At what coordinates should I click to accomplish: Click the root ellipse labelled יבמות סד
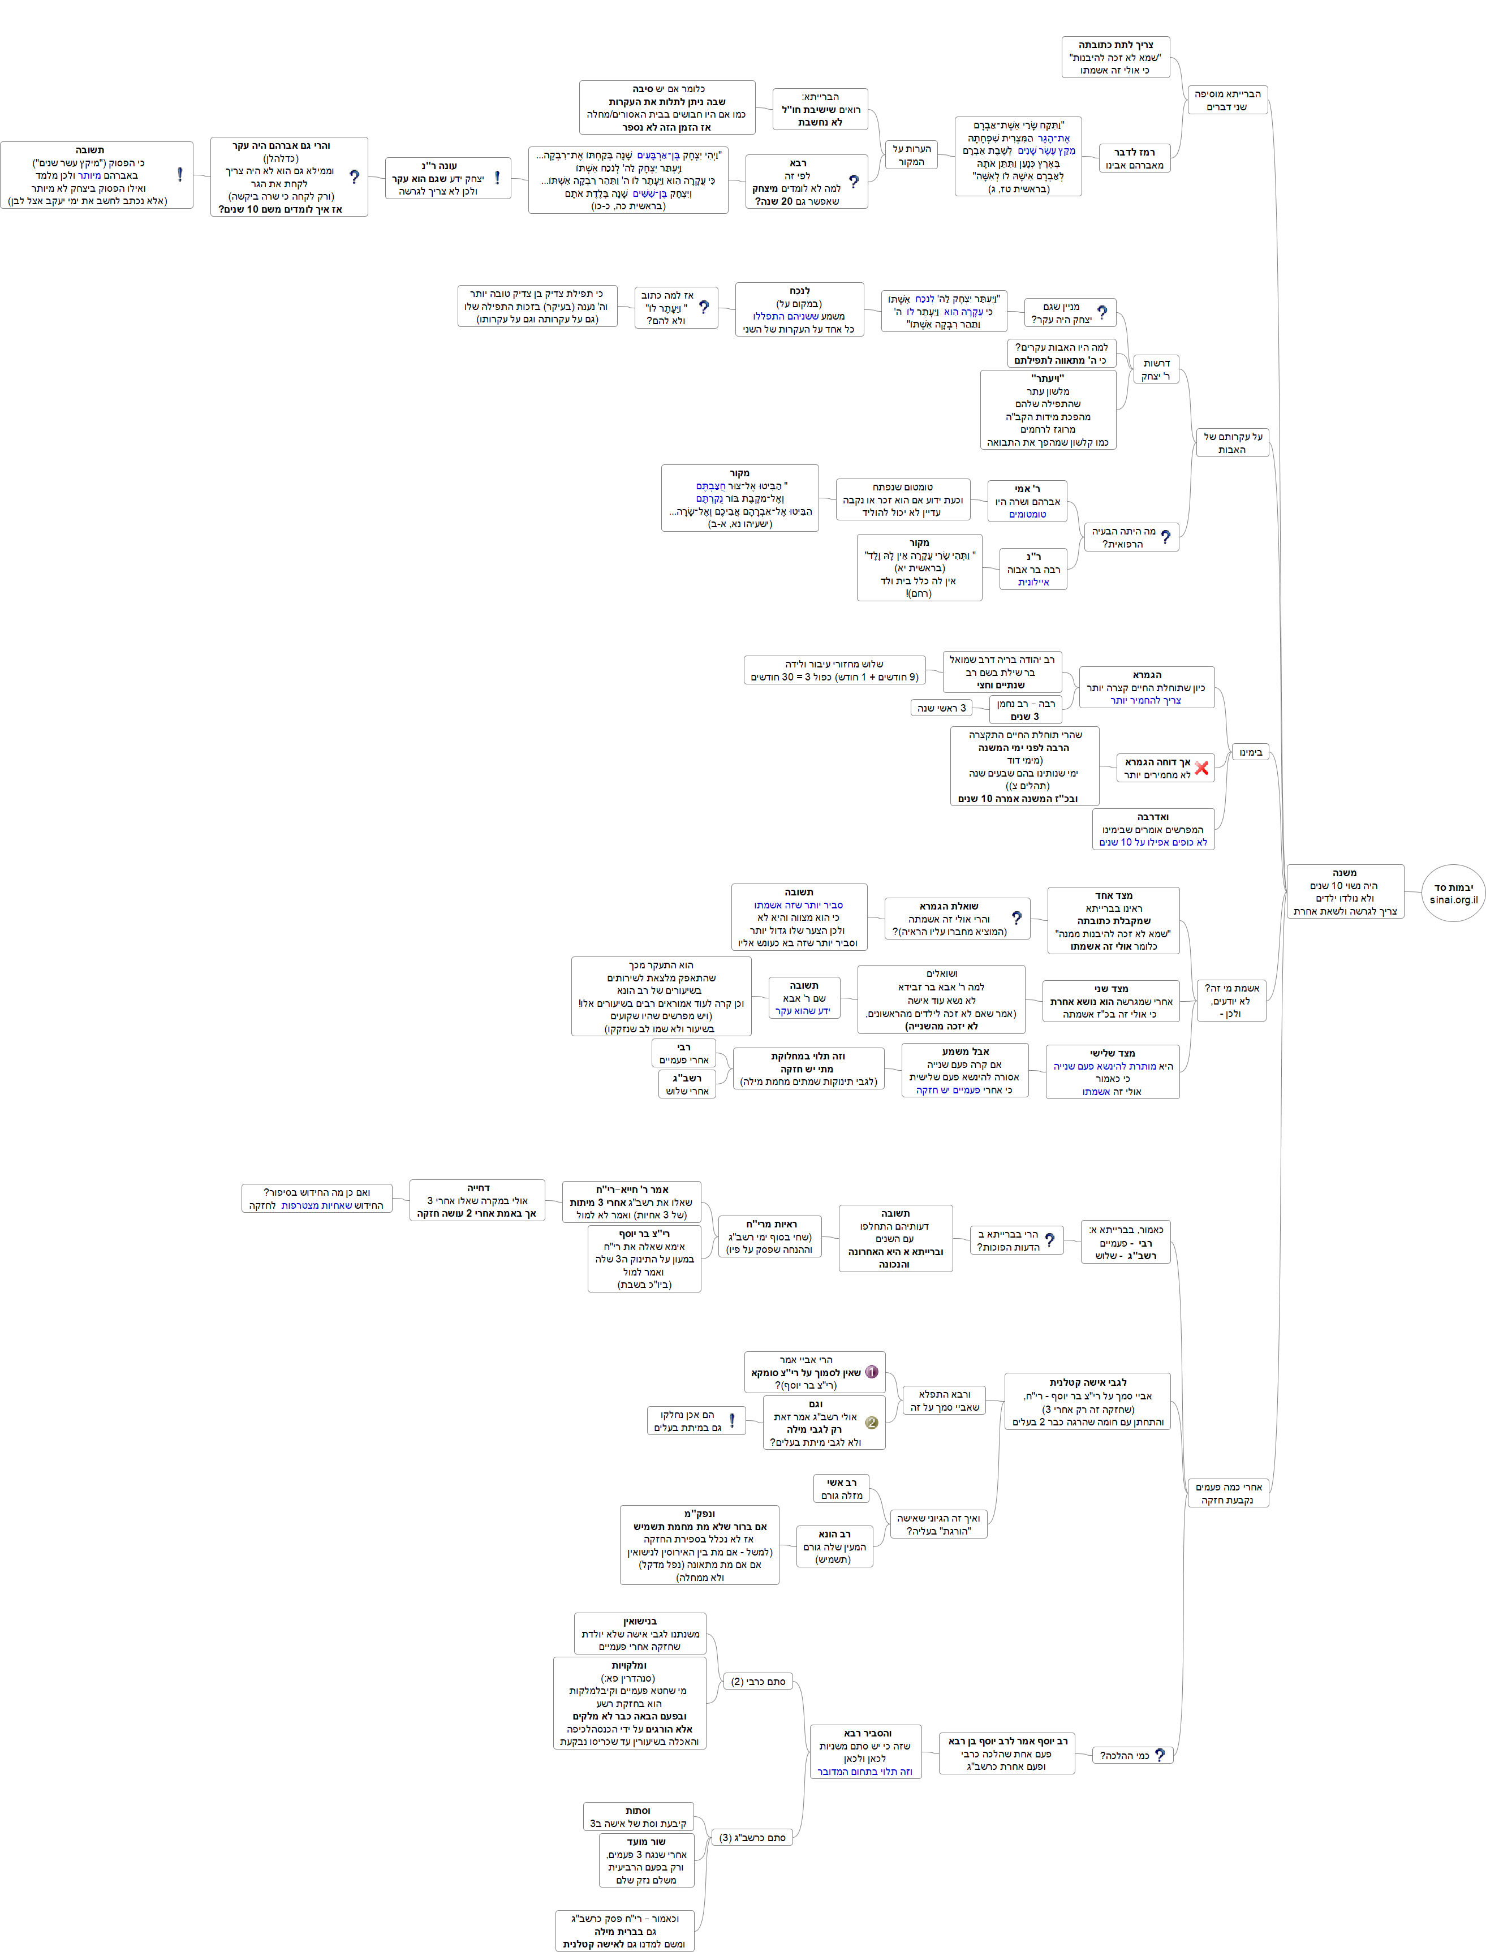click(x=1453, y=893)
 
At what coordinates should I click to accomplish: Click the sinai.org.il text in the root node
click(x=1453, y=899)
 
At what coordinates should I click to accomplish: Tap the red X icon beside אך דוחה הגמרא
click(x=1201, y=768)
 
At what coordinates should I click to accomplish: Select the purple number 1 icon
click(x=871, y=1372)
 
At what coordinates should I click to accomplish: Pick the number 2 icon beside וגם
click(x=871, y=1422)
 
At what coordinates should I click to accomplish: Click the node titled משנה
click(x=1345, y=891)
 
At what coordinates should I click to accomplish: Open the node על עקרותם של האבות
click(x=1232, y=443)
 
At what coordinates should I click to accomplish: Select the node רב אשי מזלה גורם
click(x=841, y=1489)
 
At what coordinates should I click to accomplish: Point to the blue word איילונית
click(x=1033, y=582)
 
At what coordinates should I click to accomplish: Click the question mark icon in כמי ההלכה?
click(x=1160, y=1755)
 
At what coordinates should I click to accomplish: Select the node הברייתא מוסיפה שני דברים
click(x=1227, y=100)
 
